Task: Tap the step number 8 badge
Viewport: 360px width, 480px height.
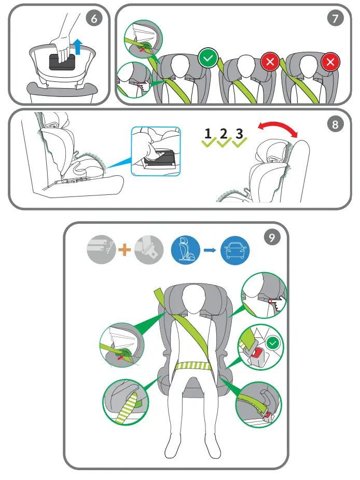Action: click(x=336, y=124)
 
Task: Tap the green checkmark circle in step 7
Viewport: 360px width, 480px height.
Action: click(x=208, y=59)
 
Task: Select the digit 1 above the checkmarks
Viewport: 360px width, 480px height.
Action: click(x=208, y=133)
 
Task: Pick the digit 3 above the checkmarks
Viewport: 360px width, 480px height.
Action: click(x=239, y=133)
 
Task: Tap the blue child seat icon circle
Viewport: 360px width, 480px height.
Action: click(x=185, y=251)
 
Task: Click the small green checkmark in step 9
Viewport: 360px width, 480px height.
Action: click(x=272, y=343)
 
